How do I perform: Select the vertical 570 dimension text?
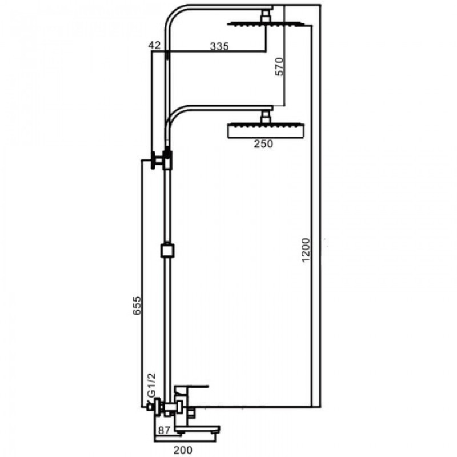tap(279, 66)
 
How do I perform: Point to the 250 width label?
tap(263, 144)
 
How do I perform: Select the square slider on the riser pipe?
tap(166, 251)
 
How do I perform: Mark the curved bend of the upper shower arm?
tap(174, 17)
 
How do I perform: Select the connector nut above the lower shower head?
tap(265, 118)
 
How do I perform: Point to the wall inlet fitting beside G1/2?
tap(151, 407)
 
